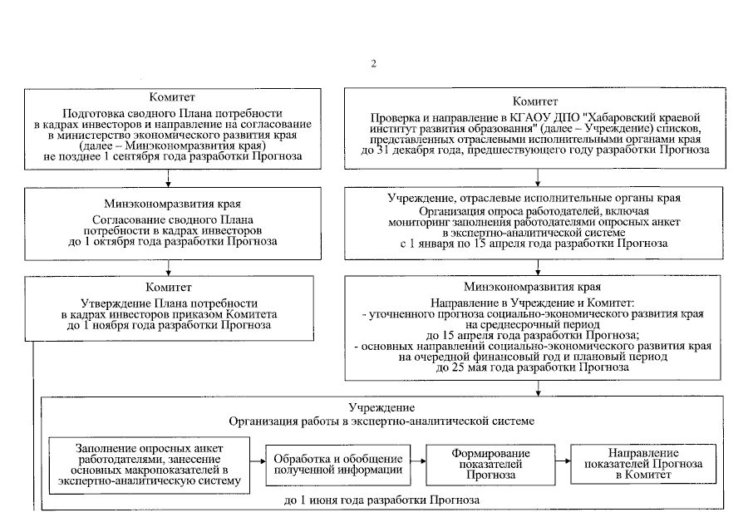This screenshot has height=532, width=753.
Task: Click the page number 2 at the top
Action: tap(373, 63)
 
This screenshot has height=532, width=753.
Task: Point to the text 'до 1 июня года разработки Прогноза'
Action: tap(381, 500)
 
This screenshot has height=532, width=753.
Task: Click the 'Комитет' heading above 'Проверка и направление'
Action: tap(536, 101)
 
